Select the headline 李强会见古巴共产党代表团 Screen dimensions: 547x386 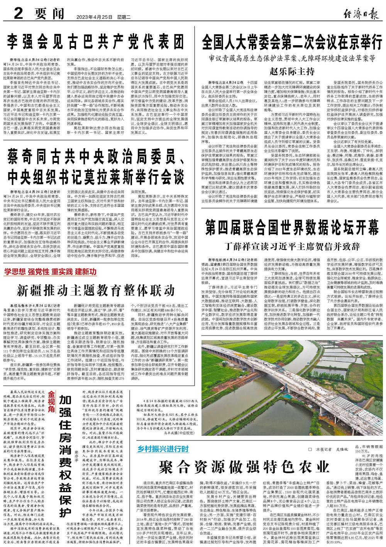click(x=96, y=41)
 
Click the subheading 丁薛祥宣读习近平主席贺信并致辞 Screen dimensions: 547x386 click(x=291, y=246)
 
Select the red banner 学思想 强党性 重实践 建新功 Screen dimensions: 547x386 click(x=50, y=271)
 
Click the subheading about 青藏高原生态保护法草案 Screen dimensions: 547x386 click(x=291, y=59)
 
